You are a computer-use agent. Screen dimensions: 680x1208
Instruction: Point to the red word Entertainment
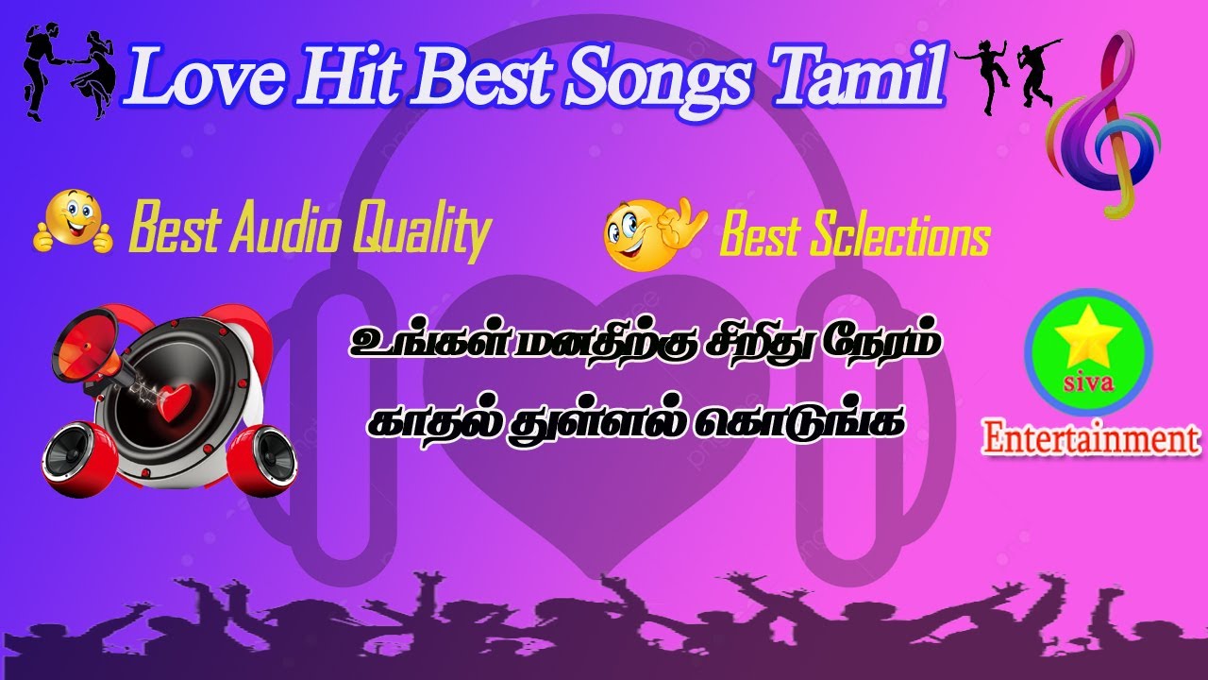click(x=1090, y=438)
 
